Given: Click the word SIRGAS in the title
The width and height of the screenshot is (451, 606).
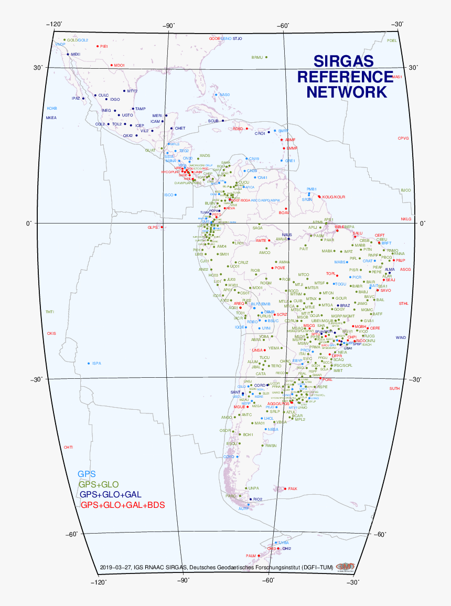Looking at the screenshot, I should click(343, 61).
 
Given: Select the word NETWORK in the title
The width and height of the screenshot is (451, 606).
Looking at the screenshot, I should click(347, 92).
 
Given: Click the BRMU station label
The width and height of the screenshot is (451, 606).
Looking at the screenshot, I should click(257, 57).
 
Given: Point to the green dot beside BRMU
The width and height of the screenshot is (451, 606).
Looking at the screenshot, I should click(266, 57).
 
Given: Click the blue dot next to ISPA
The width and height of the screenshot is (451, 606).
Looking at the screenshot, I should click(88, 363).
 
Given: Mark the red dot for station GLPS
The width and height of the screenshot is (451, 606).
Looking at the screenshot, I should click(162, 227).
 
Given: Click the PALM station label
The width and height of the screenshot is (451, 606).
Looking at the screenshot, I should click(251, 556).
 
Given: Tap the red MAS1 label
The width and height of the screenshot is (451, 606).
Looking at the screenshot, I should click(396, 77).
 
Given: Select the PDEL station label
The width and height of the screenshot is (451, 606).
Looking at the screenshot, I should click(392, 40).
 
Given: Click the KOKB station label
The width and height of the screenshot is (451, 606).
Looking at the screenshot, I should click(52, 108).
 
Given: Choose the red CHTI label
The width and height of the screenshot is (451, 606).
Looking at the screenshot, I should click(68, 447).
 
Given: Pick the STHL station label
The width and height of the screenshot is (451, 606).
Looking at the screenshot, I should click(403, 303).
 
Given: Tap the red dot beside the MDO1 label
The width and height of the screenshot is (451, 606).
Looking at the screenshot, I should click(111, 65).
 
